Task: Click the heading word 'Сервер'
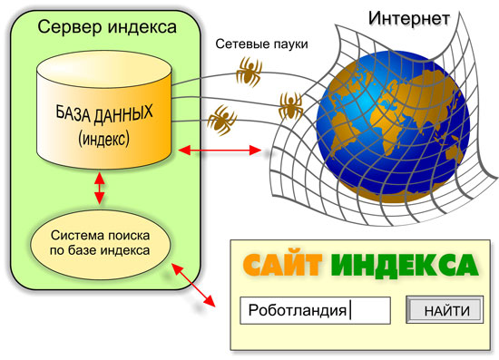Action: click(71, 28)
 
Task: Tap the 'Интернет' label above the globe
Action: click(409, 19)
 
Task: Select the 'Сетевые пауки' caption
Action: click(261, 44)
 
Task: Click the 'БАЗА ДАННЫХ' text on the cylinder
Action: click(104, 115)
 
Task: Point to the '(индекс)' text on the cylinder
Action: click(103, 139)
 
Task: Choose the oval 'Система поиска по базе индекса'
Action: click(100, 244)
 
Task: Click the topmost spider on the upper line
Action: click(249, 72)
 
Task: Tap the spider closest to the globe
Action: click(290, 106)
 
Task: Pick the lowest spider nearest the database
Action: click(221, 121)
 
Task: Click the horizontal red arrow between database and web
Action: click(220, 151)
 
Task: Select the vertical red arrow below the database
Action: click(100, 188)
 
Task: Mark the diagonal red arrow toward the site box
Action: click(193, 285)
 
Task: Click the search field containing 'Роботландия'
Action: click(315, 310)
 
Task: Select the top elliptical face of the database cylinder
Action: click(104, 69)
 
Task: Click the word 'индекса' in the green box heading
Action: click(142, 28)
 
